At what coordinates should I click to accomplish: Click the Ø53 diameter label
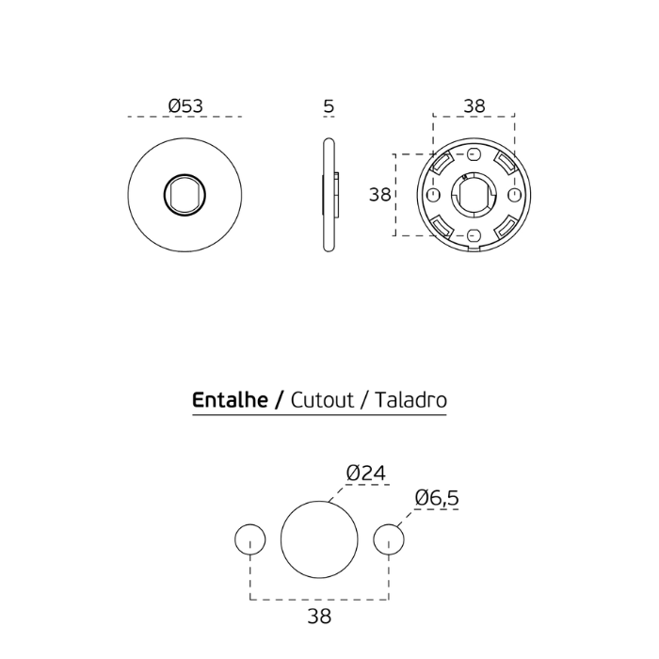tap(185, 105)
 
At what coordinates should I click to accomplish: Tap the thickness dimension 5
tap(329, 106)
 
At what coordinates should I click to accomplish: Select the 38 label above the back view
tap(474, 105)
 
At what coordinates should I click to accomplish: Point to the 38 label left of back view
tap(380, 195)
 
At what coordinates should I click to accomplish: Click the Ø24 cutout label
tap(365, 474)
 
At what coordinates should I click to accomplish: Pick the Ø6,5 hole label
tap(437, 498)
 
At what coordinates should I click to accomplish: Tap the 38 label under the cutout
tap(319, 617)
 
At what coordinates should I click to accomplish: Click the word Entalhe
tap(230, 400)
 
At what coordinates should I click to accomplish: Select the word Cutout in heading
tap(322, 400)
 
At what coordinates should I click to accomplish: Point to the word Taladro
tap(410, 400)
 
